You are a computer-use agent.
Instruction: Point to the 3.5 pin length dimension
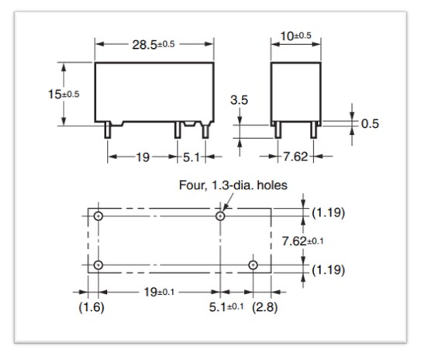[240, 101]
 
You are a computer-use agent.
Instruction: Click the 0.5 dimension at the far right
[371, 124]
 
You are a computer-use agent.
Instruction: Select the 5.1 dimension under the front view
[191, 157]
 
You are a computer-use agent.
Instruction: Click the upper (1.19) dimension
[329, 211]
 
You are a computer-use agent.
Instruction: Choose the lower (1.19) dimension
[329, 271]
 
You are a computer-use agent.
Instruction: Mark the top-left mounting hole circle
[98, 216]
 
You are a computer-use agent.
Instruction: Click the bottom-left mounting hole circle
[98, 266]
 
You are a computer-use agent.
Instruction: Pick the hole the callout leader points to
[221, 216]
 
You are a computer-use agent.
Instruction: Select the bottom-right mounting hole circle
[253, 266]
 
